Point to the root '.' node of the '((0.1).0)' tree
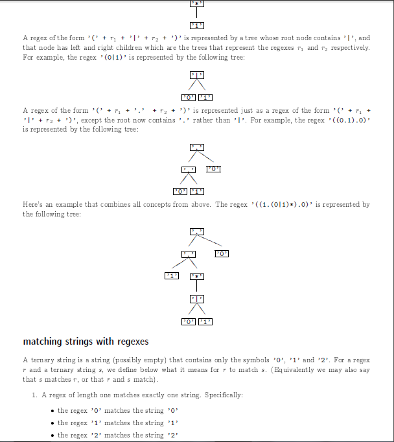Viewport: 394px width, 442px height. [x=196, y=148]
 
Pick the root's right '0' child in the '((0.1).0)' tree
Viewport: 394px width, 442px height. [x=214, y=169]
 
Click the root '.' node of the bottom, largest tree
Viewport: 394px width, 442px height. [x=196, y=231]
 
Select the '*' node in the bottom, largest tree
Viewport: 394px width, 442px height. [x=196, y=276]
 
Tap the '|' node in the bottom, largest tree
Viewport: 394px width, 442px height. [x=196, y=299]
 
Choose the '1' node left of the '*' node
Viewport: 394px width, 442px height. [x=172, y=276]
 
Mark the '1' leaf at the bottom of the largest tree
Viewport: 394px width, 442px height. [x=205, y=321]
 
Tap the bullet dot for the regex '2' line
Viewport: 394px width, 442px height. [x=52, y=436]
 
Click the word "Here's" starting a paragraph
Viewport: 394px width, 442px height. [x=33, y=204]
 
